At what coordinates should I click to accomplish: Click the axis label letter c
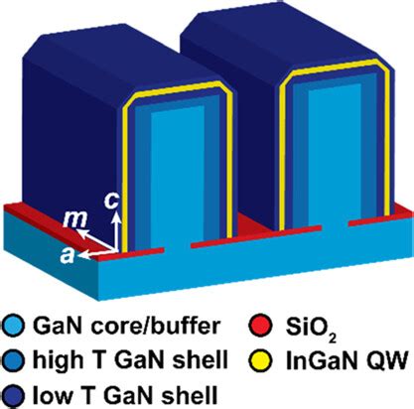tap(110, 201)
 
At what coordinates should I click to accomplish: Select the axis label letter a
tap(68, 255)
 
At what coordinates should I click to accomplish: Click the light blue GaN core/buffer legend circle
tap(12, 326)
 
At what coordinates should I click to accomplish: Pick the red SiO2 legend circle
tap(260, 326)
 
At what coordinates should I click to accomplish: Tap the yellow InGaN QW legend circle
tap(260, 360)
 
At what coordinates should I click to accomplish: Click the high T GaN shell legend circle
tap(12, 361)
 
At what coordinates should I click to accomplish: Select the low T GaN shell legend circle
tap(12, 395)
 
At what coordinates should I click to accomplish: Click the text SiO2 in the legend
tap(311, 329)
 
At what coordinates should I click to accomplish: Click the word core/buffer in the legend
tap(155, 327)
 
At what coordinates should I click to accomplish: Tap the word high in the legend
tap(56, 361)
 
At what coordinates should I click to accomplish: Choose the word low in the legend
tap(51, 395)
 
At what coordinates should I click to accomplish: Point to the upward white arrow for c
tap(115, 232)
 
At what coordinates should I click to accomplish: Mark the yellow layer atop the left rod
tap(178, 88)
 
